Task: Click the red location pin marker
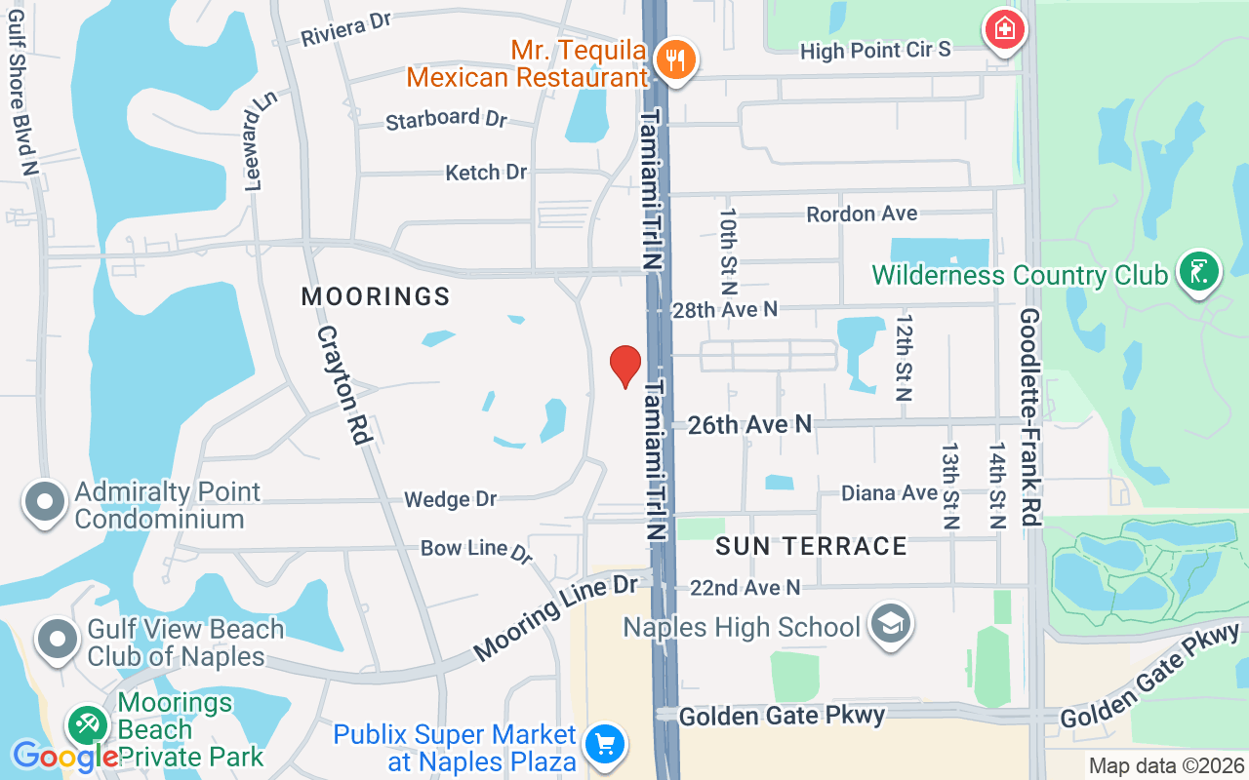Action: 625,366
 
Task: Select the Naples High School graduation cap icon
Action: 890,625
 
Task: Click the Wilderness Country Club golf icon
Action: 1199,272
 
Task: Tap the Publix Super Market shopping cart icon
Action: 604,746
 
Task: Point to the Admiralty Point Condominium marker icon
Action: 44,502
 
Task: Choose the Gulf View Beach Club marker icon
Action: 58,640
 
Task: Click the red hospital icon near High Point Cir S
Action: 1004,30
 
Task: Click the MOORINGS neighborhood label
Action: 376,296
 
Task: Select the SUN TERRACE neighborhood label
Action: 811,546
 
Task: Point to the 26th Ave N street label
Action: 749,424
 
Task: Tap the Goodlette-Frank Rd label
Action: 1030,417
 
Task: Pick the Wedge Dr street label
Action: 451,499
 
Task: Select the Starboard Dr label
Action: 447,120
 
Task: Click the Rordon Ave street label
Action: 862,213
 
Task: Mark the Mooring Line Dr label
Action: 556,617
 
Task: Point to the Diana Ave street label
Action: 889,493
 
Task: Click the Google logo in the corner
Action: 64,756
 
